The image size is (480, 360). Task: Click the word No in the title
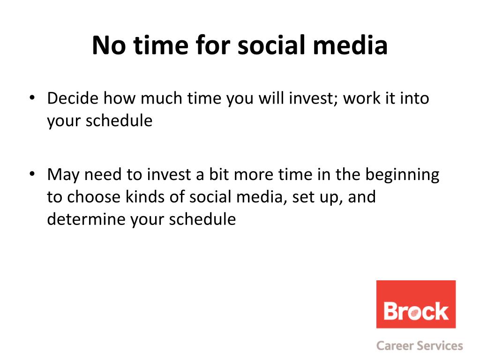click(x=109, y=45)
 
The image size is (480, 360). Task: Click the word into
click(x=415, y=98)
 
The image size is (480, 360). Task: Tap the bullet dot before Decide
click(x=32, y=97)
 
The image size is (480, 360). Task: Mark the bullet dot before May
click(x=32, y=174)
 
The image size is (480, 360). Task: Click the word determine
click(x=86, y=219)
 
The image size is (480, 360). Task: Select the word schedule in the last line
click(x=202, y=219)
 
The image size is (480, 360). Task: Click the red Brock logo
click(x=416, y=304)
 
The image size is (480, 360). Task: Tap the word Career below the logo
click(x=395, y=345)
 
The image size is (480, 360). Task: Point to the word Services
click(x=440, y=345)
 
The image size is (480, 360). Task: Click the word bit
click(x=219, y=174)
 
